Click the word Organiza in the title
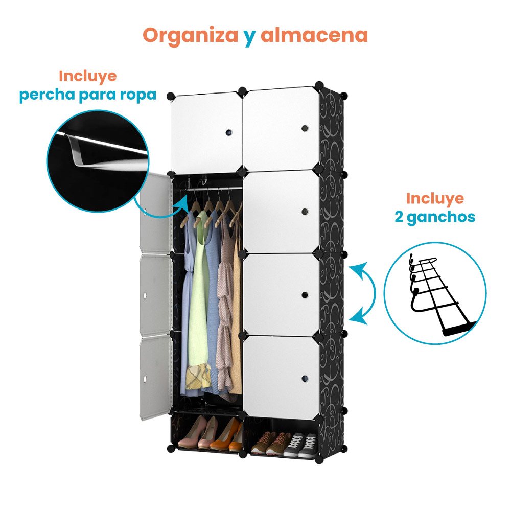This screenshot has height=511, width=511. click(x=189, y=35)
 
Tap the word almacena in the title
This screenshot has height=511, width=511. click(x=314, y=35)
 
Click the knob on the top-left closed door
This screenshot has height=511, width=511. click(x=228, y=134)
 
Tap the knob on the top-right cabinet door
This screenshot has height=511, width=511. click(x=305, y=128)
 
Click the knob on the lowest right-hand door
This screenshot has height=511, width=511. click(x=305, y=379)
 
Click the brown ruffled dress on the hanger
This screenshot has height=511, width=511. click(x=225, y=307)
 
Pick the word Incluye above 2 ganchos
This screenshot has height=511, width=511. click(x=435, y=198)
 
